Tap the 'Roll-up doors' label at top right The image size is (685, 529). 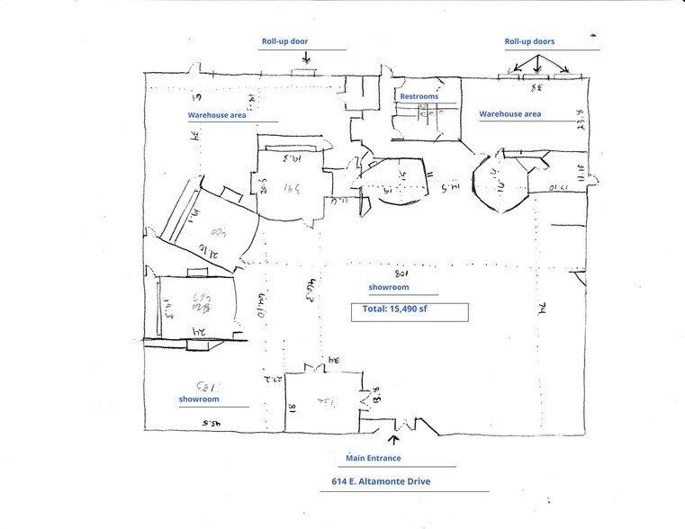click(x=529, y=41)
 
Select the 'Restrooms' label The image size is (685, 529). click(x=419, y=95)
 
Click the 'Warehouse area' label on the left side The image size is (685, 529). click(x=217, y=115)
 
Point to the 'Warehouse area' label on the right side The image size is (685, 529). click(x=509, y=114)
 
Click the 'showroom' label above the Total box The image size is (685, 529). click(x=389, y=287)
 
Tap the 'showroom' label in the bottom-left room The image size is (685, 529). click(x=199, y=399)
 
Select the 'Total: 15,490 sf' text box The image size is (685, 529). click(x=410, y=312)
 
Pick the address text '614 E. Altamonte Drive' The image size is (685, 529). click(x=376, y=481)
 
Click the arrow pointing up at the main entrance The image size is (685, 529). click(x=392, y=440)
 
